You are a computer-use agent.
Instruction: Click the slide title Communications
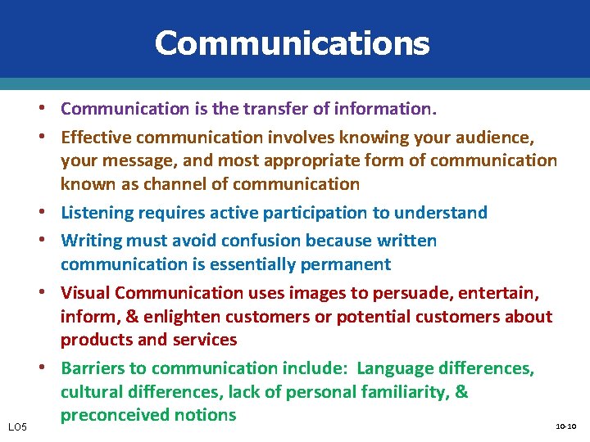[x=292, y=43]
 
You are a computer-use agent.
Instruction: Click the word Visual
[x=85, y=292]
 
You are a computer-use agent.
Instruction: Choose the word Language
[x=397, y=368]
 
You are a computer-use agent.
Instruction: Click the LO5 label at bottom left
[x=18, y=426]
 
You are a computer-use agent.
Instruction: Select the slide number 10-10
[x=565, y=426]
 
